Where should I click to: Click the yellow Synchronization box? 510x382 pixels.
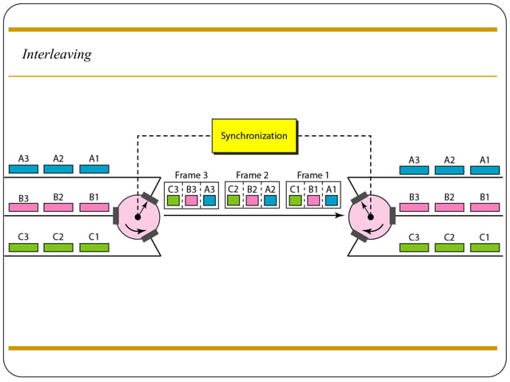point(253,136)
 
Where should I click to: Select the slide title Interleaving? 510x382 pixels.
point(57,55)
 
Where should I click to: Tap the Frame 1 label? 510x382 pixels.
point(313,175)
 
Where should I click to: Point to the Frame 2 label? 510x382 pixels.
point(252,175)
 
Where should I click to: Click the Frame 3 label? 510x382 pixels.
point(191,175)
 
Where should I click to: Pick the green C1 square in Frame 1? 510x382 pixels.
point(295,201)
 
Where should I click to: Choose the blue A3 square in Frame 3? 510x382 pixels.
point(209,201)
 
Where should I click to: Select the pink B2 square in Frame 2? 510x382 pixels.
point(252,201)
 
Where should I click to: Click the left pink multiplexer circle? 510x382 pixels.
point(137,216)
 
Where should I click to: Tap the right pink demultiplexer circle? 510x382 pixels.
point(371,216)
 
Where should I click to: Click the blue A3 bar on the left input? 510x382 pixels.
point(24,169)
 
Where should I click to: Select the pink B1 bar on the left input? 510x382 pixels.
point(94,207)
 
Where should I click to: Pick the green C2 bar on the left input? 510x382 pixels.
point(58,248)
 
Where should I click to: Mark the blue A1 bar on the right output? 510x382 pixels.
point(484,170)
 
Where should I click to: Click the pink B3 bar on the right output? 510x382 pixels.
point(414,207)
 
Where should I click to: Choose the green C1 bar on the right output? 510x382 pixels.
point(484,248)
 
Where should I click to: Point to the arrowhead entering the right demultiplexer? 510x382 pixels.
point(341,215)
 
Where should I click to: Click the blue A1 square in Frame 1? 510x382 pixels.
point(331,201)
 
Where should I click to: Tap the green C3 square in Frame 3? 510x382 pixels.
point(173,201)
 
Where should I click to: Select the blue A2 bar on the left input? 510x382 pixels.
point(58,169)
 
